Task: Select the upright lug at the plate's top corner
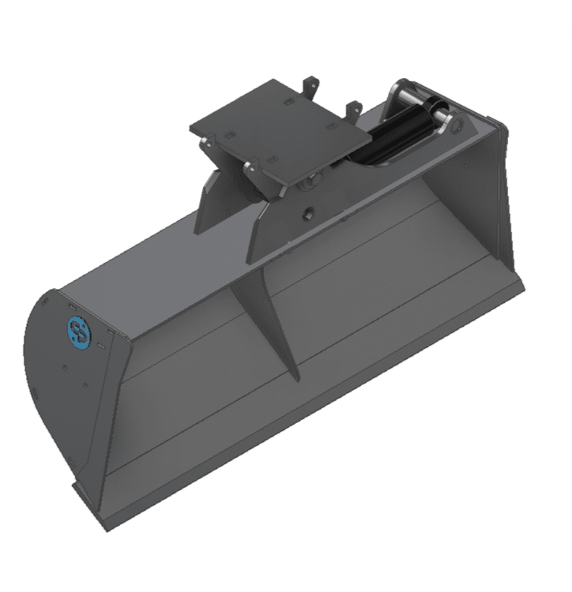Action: (x=314, y=83)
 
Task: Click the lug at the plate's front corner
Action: (x=251, y=167)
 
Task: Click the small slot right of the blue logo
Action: (x=101, y=343)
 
